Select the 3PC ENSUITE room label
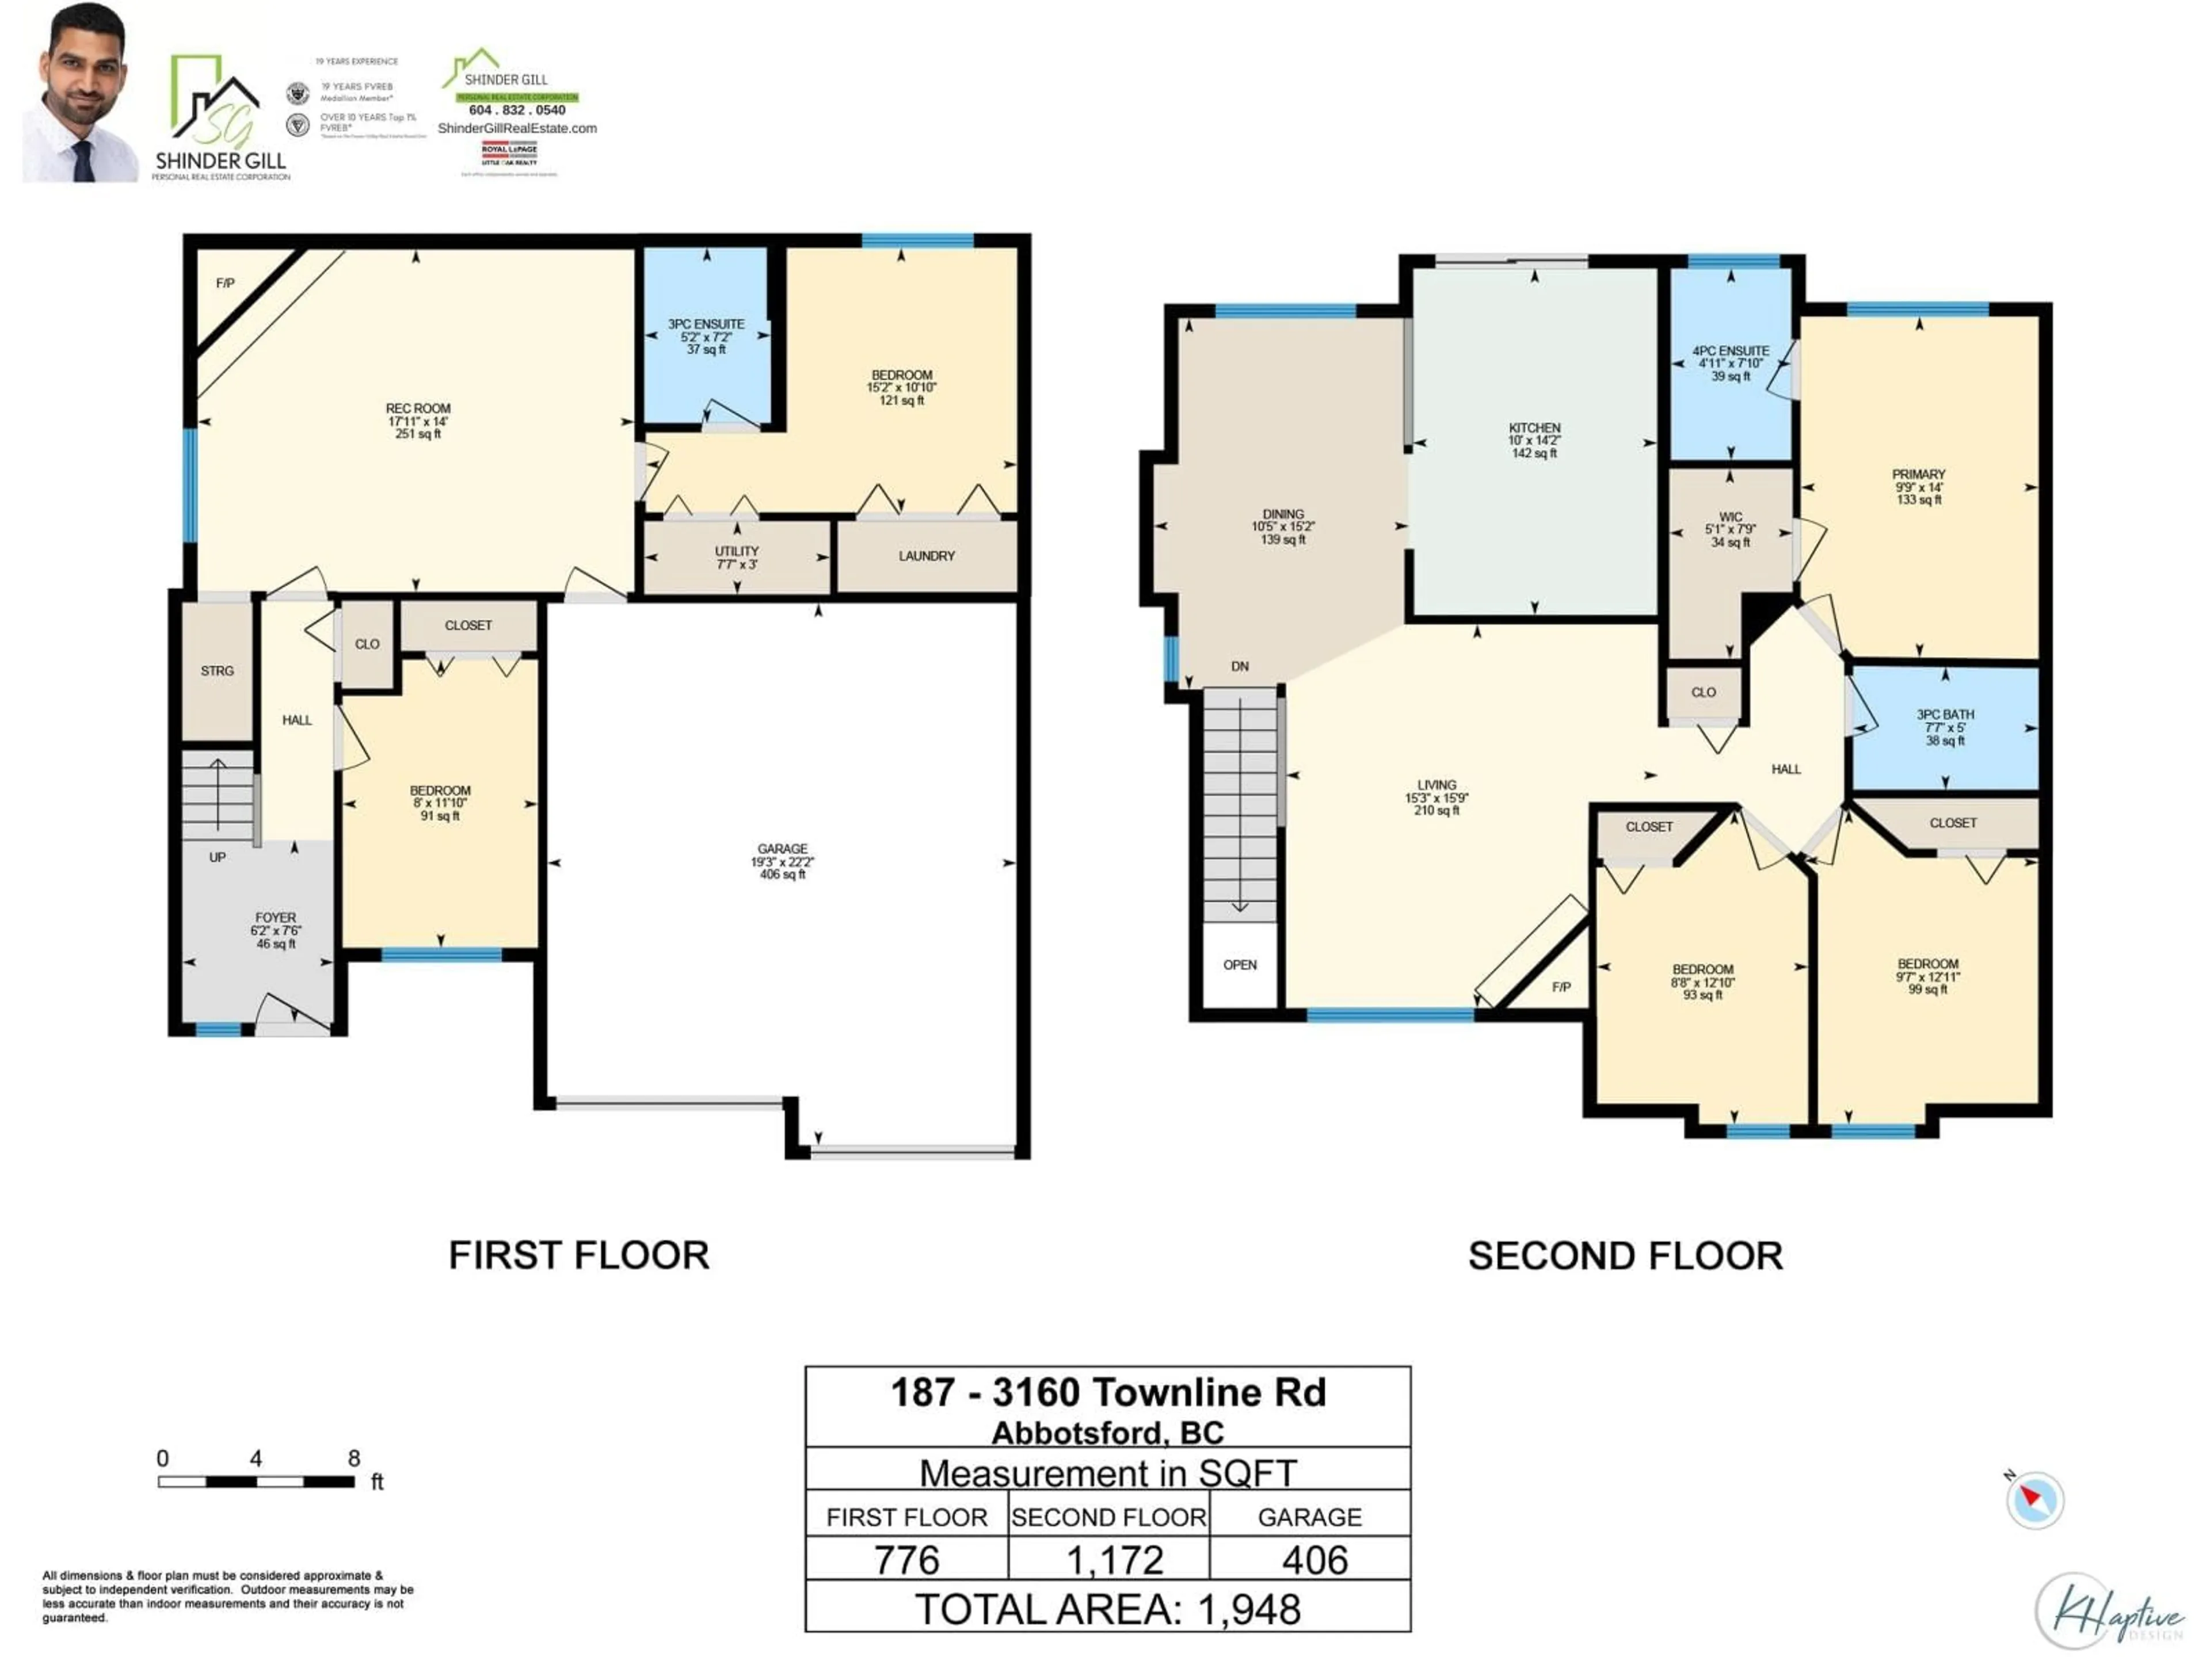(706, 324)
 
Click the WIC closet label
(1731, 517)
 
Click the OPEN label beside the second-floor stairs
(1240, 965)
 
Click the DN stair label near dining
(1240, 666)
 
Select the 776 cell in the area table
(906, 1561)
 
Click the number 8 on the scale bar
(354, 1459)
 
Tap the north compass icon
(2033, 1499)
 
